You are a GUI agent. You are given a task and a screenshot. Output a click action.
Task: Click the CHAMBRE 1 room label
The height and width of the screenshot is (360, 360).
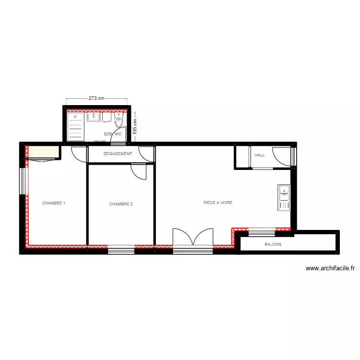pos(53,204)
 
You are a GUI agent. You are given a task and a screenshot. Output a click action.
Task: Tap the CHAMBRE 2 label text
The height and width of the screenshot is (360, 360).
pos(121,204)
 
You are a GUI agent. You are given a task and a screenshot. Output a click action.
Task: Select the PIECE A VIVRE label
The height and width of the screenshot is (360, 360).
pos(218,203)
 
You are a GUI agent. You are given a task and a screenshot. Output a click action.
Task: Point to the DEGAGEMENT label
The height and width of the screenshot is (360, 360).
pos(118,154)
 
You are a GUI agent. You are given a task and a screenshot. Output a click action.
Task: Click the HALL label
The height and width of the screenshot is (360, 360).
pos(260,155)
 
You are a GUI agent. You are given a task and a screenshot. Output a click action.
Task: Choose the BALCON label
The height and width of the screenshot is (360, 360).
pos(273,245)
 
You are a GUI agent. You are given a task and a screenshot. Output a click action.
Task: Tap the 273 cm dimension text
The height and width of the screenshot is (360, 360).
pos(96,98)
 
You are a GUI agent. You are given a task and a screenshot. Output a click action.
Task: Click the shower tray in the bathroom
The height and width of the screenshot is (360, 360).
pos(76,127)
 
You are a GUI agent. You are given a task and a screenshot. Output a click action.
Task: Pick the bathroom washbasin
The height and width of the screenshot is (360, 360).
pos(94,117)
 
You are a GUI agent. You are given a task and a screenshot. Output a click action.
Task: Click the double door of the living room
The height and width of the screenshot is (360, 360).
pos(192,238)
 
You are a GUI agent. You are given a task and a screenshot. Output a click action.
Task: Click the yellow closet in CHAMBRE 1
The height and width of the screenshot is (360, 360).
pos(43,153)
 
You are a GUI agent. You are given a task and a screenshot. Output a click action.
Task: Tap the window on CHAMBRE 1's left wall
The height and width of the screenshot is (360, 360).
pos(22,181)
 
